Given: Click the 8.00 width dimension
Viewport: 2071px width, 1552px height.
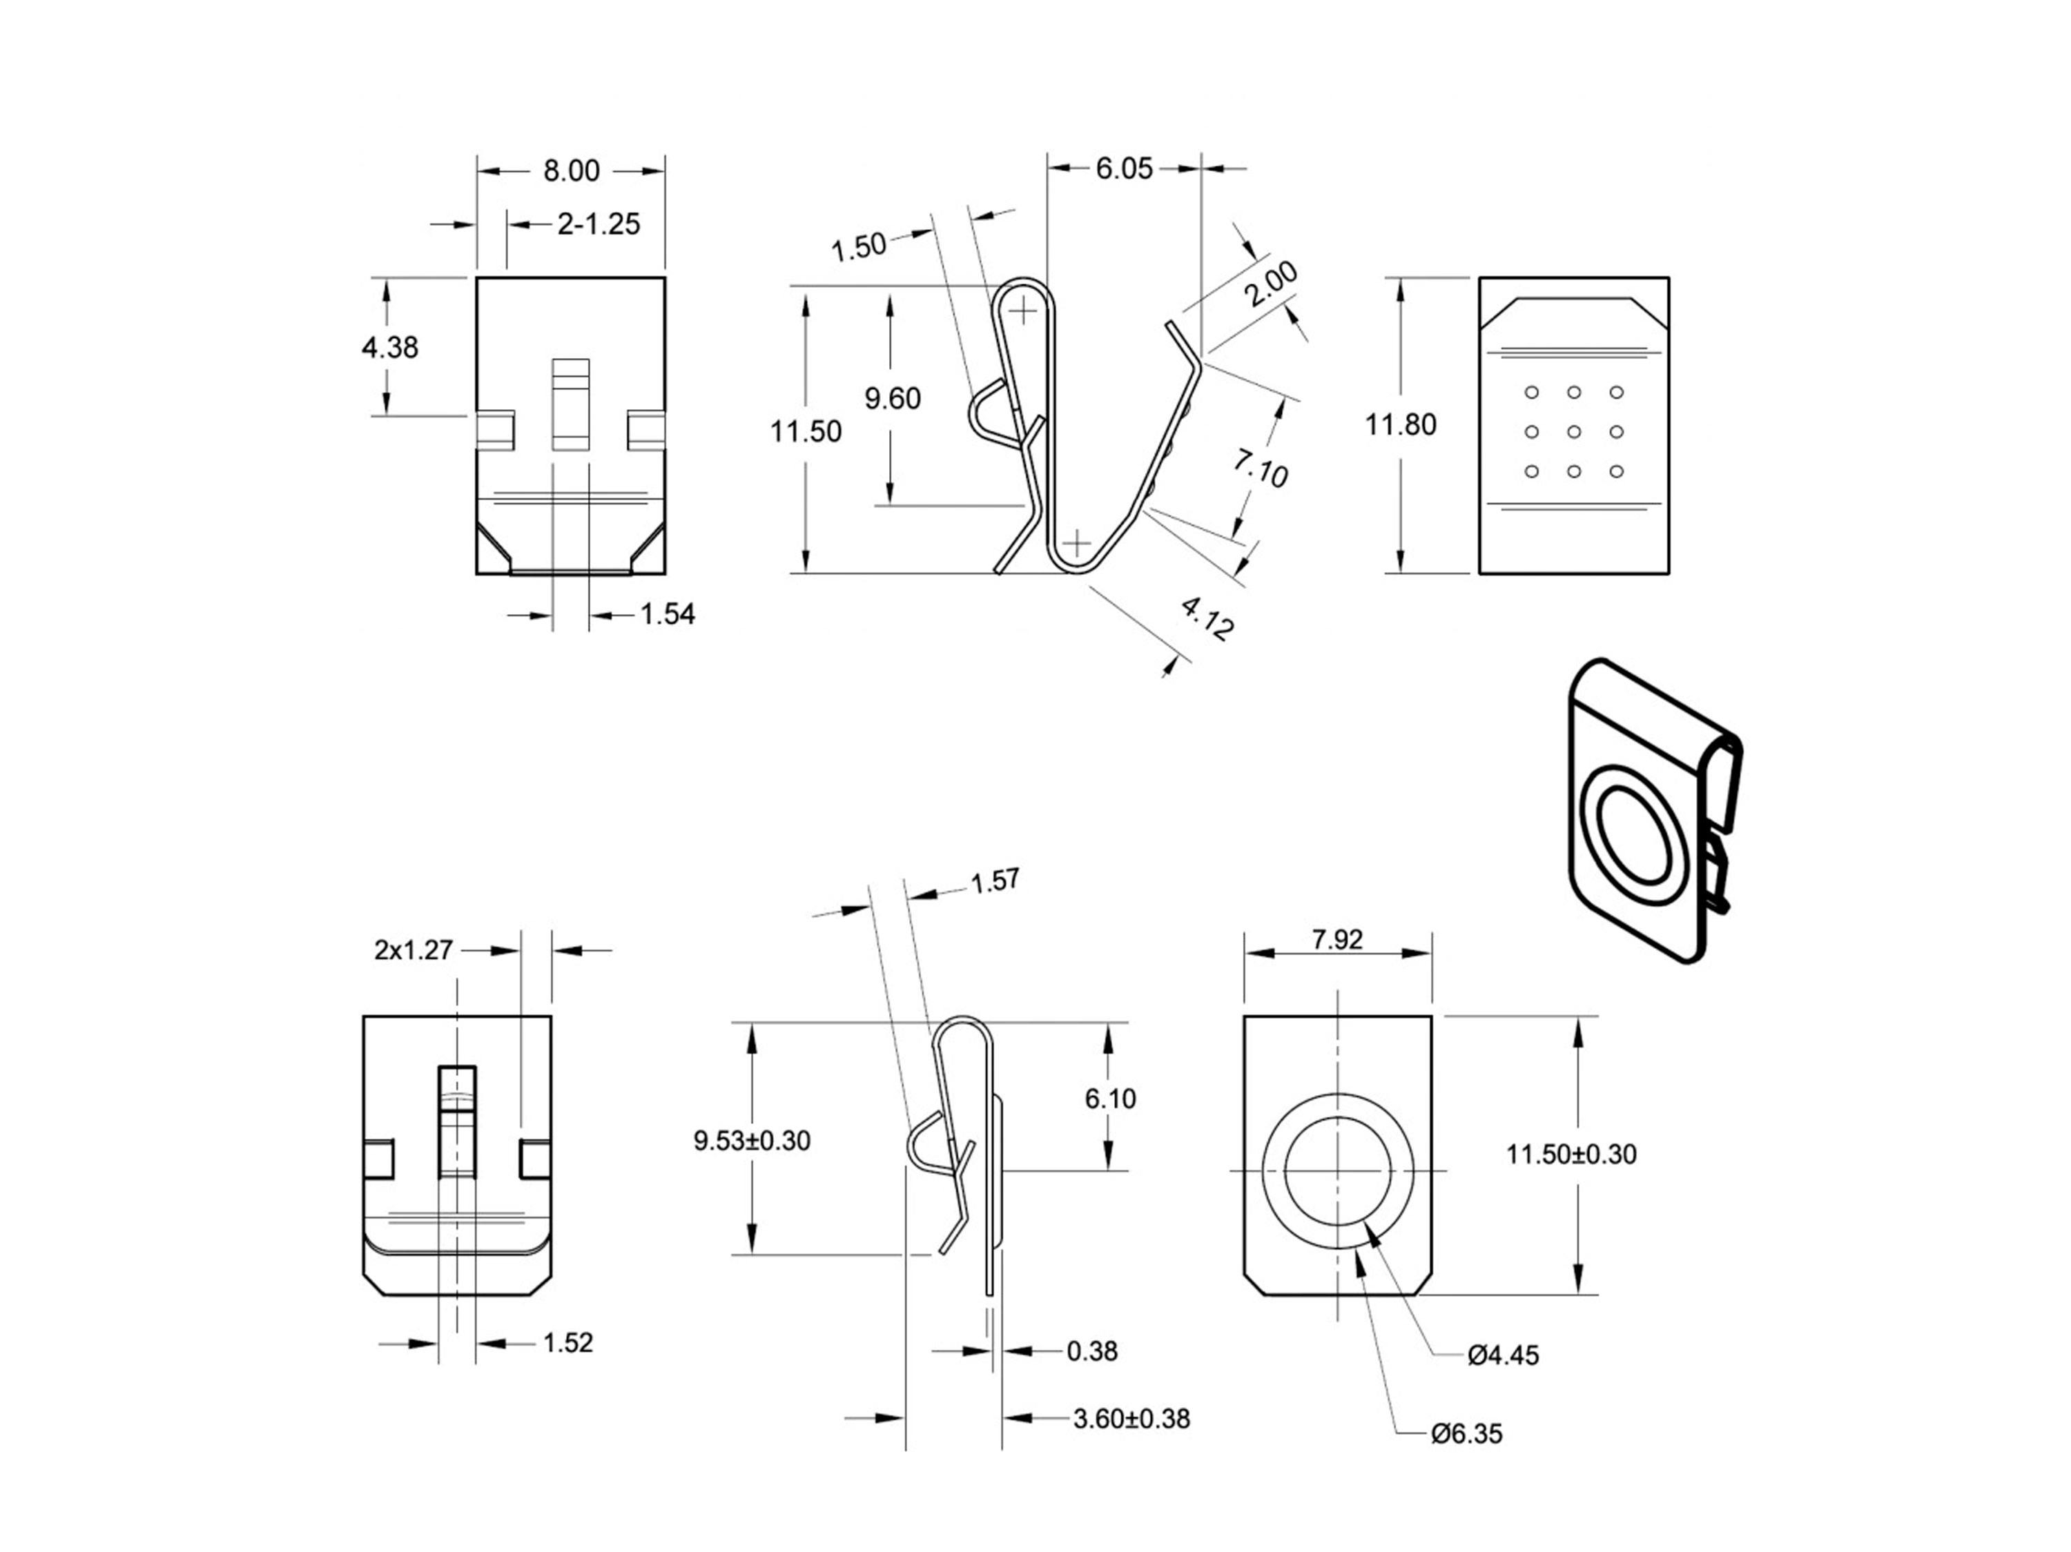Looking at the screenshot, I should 571,171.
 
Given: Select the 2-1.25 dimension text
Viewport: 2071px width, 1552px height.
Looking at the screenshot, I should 599,225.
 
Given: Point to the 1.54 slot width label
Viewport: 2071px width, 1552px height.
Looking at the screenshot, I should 668,614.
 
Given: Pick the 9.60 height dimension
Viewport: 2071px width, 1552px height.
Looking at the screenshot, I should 892,399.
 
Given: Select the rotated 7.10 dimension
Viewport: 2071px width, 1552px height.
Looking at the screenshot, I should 1260,467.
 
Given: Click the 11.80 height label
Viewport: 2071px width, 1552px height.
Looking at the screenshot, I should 1400,425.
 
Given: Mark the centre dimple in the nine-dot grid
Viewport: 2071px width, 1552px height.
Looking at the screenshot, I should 1574,431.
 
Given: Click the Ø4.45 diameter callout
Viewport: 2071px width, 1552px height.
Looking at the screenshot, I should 1503,1355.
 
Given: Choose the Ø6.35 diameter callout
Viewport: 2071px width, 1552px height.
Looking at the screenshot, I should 1466,1434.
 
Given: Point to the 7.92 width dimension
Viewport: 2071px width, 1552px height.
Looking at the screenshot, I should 1337,940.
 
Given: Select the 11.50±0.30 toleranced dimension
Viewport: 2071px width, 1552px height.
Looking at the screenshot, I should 1571,1155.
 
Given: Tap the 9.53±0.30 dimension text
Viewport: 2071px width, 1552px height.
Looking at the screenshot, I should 752,1141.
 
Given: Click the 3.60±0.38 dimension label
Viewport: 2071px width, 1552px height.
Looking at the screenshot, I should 1131,1419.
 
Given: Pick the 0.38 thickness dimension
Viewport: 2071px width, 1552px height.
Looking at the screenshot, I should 1091,1350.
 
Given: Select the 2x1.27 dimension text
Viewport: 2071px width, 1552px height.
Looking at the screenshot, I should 413,950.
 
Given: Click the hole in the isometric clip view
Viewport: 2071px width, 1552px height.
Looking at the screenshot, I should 1635,835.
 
